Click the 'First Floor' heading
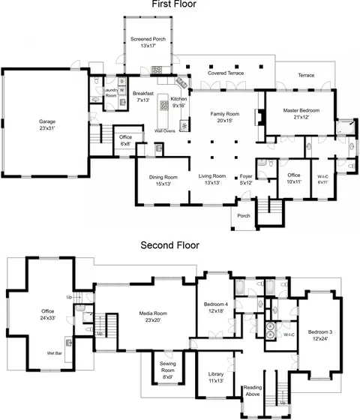click(174, 4)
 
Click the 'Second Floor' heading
click(169, 245)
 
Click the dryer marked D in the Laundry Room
click(121, 82)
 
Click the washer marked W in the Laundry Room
click(121, 90)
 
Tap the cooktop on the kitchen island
click(164, 105)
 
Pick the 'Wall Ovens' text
click(165, 131)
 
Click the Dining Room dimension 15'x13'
click(163, 184)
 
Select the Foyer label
click(246, 176)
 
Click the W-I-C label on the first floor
click(322, 177)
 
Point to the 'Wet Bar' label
click(54, 353)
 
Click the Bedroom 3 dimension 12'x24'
click(320, 339)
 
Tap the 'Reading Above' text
click(253, 391)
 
